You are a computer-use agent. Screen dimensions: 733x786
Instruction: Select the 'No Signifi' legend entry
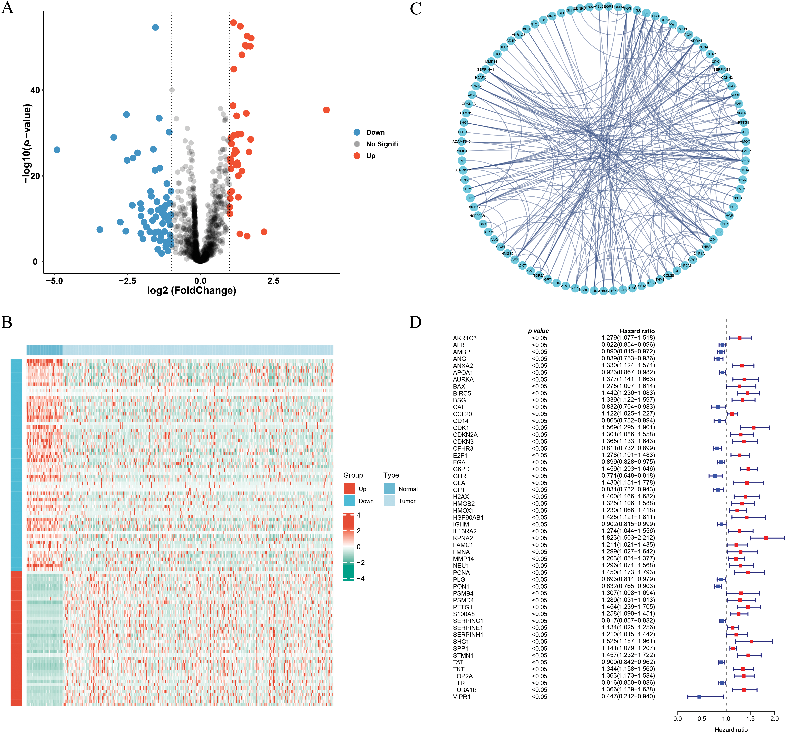click(x=382, y=144)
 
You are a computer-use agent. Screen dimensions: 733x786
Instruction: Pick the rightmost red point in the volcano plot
click(x=326, y=110)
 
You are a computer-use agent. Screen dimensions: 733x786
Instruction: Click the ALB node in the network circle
click(x=745, y=161)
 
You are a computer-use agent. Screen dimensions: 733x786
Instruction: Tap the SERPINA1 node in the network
click(x=486, y=70)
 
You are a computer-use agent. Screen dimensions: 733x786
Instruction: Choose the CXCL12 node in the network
click(x=474, y=207)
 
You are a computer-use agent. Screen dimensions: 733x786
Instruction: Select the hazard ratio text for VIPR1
click(x=628, y=696)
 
